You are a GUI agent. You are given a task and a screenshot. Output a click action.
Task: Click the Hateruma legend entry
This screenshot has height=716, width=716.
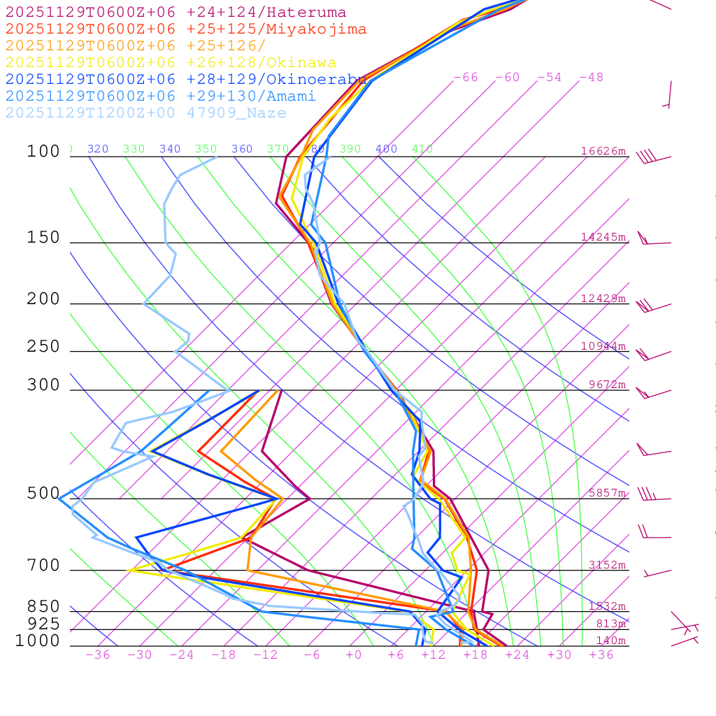[x=176, y=12]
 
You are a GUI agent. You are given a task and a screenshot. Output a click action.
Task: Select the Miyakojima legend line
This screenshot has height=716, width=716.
[x=185, y=29]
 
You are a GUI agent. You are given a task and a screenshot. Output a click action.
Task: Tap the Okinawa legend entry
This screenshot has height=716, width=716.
[x=171, y=62]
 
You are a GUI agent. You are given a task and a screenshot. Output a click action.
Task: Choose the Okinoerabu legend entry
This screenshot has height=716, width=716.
[x=185, y=79]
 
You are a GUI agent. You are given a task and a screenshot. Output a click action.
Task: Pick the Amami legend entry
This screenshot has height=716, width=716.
[x=160, y=96]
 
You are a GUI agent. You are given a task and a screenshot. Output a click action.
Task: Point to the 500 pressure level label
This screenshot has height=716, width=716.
[x=43, y=494]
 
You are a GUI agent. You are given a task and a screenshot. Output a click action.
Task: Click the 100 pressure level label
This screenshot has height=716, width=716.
[x=43, y=151]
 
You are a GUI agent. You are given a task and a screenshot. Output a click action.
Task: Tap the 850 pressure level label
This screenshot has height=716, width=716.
[x=43, y=607]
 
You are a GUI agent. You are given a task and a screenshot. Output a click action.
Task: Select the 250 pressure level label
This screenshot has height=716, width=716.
[x=43, y=347]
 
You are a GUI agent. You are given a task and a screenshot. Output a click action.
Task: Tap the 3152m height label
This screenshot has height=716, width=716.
[x=607, y=565]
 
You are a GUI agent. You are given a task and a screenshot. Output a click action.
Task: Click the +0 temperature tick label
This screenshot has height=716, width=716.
[x=354, y=655]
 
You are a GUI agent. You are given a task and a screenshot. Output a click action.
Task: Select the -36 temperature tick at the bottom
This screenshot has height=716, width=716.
[x=98, y=655]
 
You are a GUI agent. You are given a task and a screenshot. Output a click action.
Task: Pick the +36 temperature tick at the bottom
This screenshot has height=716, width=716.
[x=601, y=655]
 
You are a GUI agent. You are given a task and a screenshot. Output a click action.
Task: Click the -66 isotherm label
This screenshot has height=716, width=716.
[x=466, y=78]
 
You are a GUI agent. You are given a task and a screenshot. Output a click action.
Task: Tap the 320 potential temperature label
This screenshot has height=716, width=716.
[x=98, y=149]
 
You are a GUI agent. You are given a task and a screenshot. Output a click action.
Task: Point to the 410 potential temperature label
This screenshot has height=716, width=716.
[x=422, y=149]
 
